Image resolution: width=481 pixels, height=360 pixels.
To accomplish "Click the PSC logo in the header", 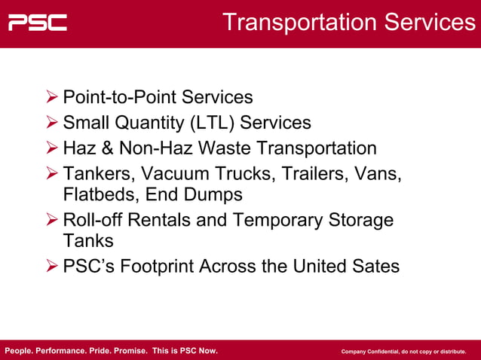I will coord(38,23).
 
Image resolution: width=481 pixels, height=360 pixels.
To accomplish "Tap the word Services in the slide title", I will coord(429,23).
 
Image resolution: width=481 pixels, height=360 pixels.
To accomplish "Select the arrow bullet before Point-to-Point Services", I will coord(52,97).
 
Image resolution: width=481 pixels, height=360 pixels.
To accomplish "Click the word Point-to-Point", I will coord(119,97).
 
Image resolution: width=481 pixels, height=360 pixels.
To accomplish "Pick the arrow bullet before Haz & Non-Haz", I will coord(52,148).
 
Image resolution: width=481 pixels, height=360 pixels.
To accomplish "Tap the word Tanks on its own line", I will coord(88,240).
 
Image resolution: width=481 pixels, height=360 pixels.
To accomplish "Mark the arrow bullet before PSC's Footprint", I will coord(52,267).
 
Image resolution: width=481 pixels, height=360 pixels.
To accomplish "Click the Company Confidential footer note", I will coord(403,352).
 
